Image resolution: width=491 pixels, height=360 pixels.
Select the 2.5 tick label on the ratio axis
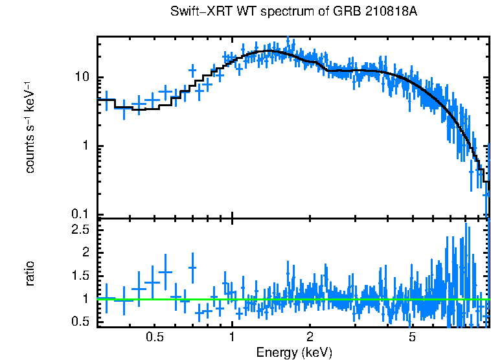click(80, 229)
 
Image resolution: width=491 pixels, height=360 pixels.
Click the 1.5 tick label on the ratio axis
click(80, 276)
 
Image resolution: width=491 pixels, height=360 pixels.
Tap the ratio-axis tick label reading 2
click(86, 253)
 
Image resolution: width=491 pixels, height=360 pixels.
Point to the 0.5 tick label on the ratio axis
click(80, 322)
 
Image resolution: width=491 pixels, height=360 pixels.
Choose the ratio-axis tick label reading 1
click(86, 299)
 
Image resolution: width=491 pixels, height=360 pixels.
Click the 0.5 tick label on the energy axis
click(154, 337)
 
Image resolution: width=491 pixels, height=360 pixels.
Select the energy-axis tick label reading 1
click(232, 337)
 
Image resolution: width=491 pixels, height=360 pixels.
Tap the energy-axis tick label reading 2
click(310, 337)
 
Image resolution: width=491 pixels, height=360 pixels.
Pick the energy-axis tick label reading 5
click(412, 337)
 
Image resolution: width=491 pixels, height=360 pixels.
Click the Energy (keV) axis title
click(294, 352)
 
